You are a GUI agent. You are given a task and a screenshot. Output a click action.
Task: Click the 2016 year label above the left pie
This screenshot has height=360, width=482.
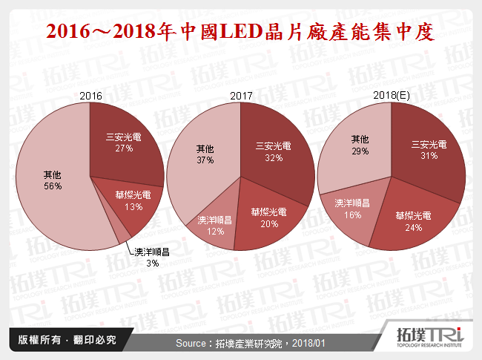90,96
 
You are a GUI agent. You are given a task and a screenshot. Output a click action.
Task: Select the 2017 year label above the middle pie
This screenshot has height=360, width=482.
241,96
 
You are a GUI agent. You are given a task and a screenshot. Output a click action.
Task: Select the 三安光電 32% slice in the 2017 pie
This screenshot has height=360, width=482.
274,152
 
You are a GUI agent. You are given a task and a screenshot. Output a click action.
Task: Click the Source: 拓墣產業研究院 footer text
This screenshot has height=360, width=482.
241,344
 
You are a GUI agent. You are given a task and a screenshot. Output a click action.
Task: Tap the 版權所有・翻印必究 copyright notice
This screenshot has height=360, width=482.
62,341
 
